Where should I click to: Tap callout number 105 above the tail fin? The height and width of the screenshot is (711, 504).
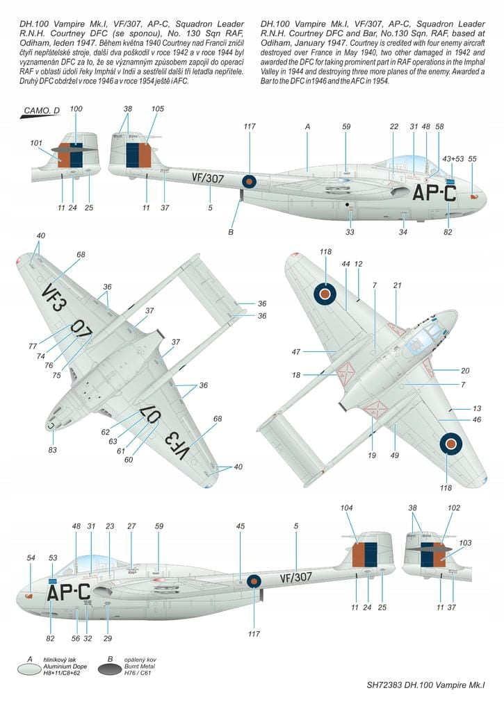coord(158,109)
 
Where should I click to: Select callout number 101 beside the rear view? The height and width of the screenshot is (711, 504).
coord(36,144)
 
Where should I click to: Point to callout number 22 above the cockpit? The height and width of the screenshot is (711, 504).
coord(394,126)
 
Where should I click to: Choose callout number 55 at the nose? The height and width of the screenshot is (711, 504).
coord(473,159)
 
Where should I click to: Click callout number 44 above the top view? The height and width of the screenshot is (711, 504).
coord(346,264)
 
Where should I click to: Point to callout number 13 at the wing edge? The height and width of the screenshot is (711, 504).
coord(477,409)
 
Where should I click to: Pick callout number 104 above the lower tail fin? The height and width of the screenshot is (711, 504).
coord(348,508)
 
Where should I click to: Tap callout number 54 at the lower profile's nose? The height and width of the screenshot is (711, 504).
coord(30,558)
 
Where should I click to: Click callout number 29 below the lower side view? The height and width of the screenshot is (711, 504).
coord(108,637)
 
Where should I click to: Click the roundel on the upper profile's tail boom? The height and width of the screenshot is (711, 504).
coord(249,182)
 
